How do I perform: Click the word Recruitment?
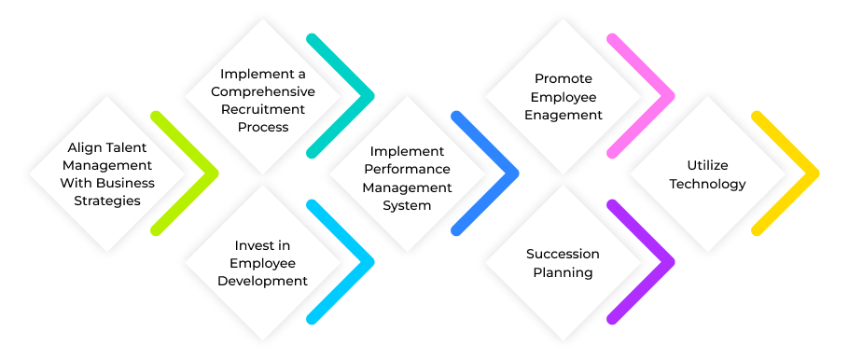click(263, 109)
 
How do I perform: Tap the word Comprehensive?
click(263, 91)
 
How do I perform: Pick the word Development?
click(262, 281)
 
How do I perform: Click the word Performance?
click(408, 169)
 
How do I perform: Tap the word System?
click(408, 204)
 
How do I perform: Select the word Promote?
click(563, 79)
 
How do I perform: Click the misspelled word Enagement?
click(563, 115)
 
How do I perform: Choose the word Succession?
click(563, 254)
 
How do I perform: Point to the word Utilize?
click(707, 166)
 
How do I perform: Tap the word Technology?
click(707, 184)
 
